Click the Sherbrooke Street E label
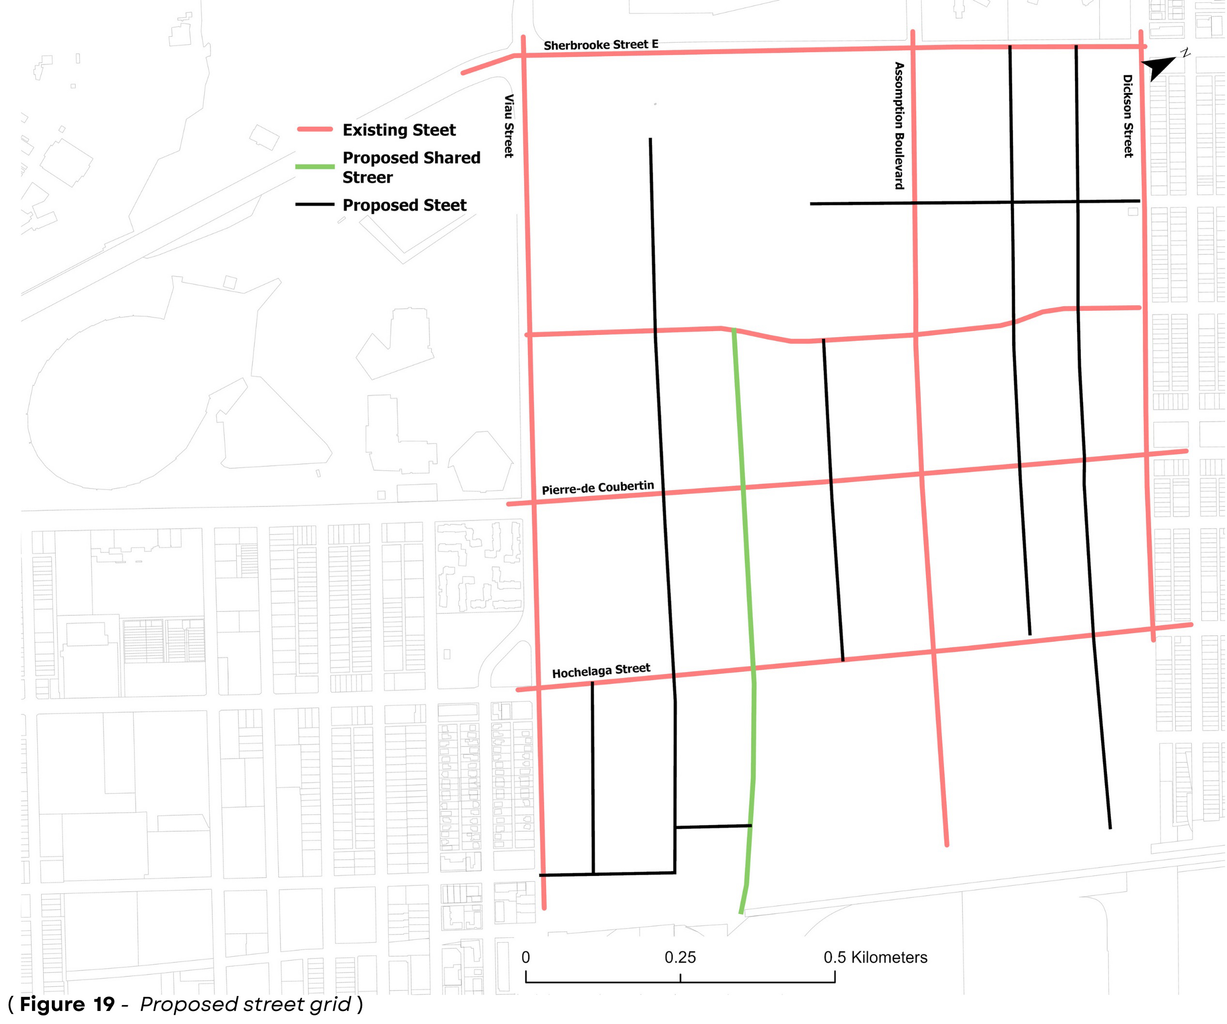pyautogui.click(x=600, y=45)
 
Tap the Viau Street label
pyautogui.click(x=509, y=125)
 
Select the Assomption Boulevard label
pyautogui.click(x=899, y=125)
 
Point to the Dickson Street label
pyautogui.click(x=1128, y=116)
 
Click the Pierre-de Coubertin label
pyautogui.click(x=597, y=487)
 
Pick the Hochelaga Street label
pyautogui.click(x=600, y=670)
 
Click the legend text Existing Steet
pyautogui.click(x=399, y=130)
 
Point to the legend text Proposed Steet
pyautogui.click(x=404, y=205)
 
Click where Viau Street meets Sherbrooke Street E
pyautogui.click(x=523, y=55)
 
